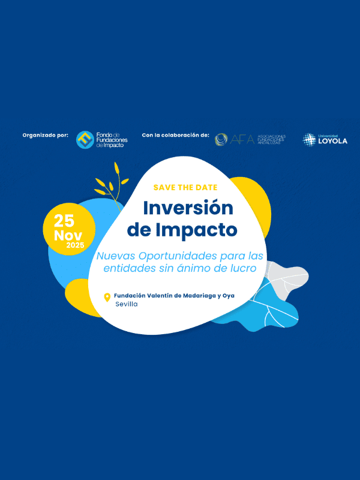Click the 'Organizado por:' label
[x=46, y=135]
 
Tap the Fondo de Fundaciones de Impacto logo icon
[x=85, y=140]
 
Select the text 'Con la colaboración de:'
[x=175, y=135]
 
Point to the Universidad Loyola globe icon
[x=309, y=139]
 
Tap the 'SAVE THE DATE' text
[x=185, y=187]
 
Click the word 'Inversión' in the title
[x=188, y=208]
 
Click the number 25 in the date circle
[x=64, y=220]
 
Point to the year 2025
[x=76, y=245]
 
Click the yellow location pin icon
[x=107, y=297]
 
